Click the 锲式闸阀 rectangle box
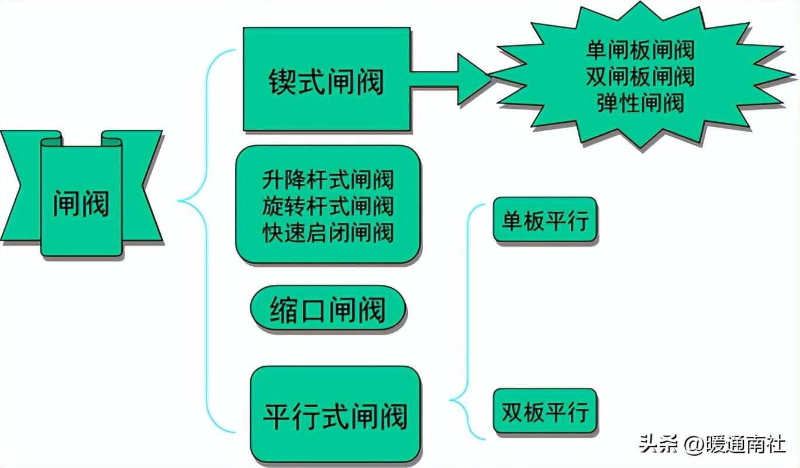coord(326,79)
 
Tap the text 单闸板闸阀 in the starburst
coord(640,50)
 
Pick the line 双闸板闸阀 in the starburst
coord(640,77)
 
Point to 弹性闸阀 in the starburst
coord(640,103)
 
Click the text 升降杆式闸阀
coord(327,180)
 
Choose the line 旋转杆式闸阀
coord(327,206)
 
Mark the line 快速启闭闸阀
coord(327,232)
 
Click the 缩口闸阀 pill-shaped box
coord(327,309)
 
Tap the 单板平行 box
coord(545,221)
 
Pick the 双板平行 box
coord(545,412)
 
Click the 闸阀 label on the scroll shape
coord(81,203)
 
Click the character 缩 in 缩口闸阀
coord(283,309)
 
